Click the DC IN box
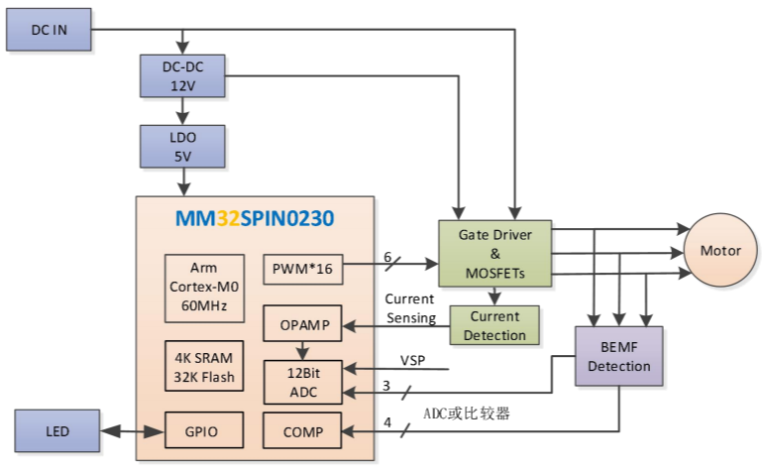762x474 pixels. [x=49, y=30]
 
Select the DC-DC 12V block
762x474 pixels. [x=183, y=76]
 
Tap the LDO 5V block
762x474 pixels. [x=183, y=146]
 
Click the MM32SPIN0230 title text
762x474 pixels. [x=256, y=217]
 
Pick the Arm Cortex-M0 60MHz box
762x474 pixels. [x=202, y=287]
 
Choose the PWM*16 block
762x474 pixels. [x=301, y=268]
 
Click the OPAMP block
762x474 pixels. [x=301, y=323]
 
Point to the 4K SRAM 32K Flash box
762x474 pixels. [x=202, y=367]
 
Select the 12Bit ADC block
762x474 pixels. [x=301, y=381]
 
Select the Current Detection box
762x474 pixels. [x=494, y=325]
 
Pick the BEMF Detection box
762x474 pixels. [x=618, y=356]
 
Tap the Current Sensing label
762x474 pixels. [x=410, y=307]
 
